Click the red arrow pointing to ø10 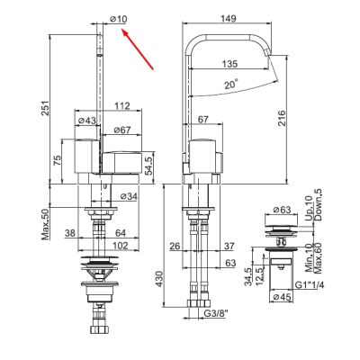(x=138, y=49)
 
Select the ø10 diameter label (x=119, y=19)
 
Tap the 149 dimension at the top (x=229, y=18)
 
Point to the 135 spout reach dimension (x=229, y=64)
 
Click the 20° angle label (x=231, y=84)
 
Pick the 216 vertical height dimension (x=282, y=118)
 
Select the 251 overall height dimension (x=45, y=108)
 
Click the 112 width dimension (x=122, y=105)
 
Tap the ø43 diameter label (x=87, y=121)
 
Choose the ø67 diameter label (x=122, y=130)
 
